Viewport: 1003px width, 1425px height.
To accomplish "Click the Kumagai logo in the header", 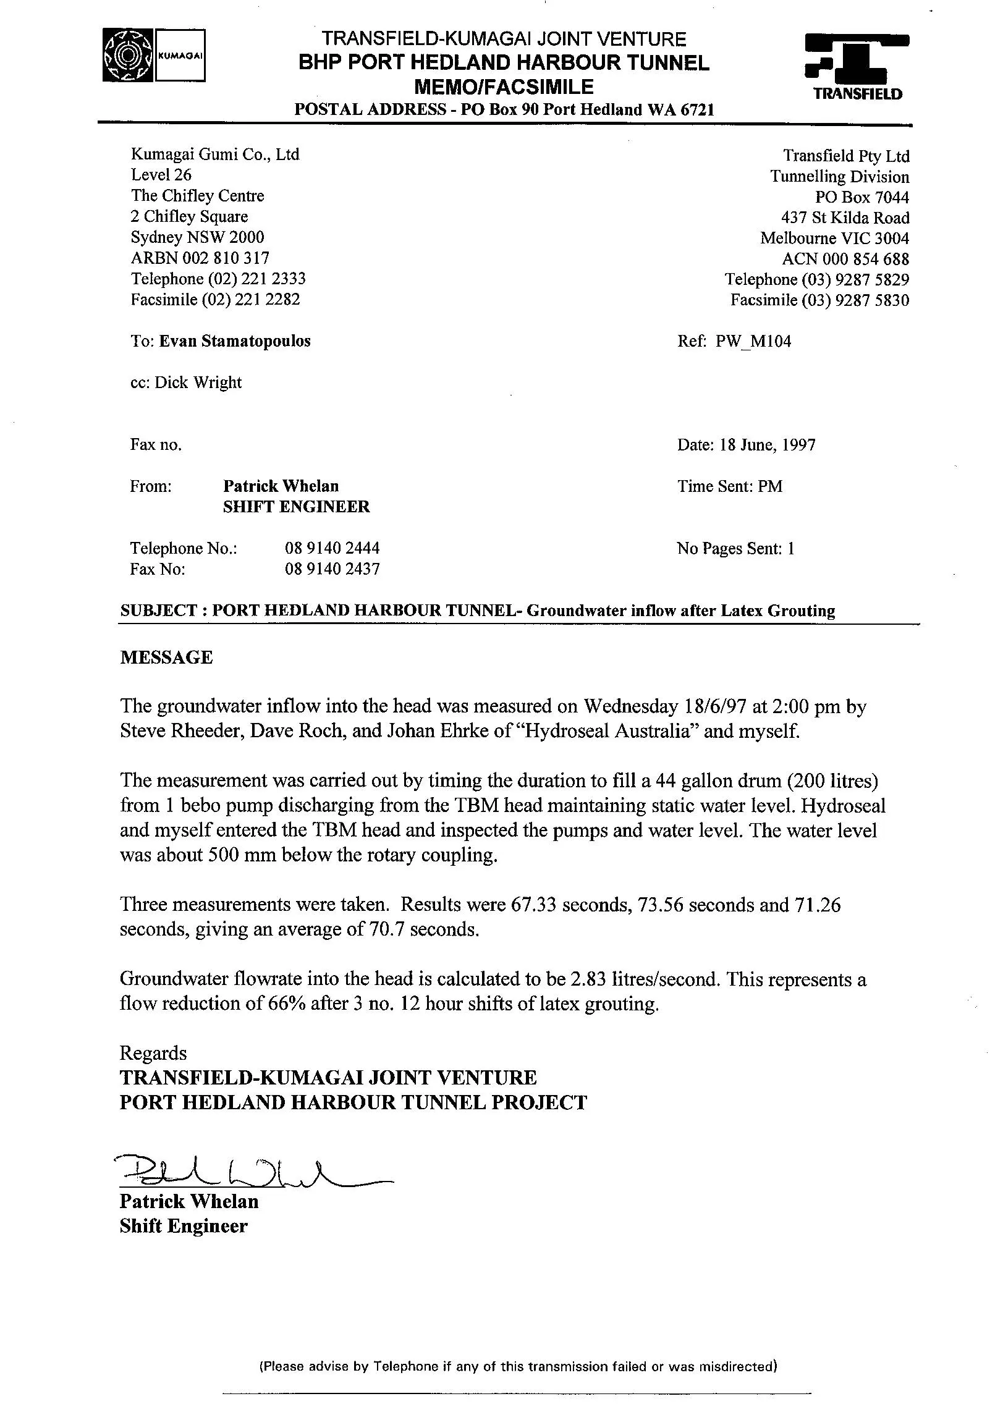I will point(154,55).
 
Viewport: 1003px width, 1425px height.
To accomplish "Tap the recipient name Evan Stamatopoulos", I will point(235,341).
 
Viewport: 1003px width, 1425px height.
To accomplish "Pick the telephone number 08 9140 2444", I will point(332,548).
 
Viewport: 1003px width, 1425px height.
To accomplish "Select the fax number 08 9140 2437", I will point(332,569).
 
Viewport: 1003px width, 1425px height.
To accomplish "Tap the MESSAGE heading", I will point(166,658).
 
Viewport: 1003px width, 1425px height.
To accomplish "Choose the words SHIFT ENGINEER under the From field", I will point(296,507).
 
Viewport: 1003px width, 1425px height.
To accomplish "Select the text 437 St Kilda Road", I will point(845,218).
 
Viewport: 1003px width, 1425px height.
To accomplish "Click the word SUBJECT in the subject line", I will point(158,611).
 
